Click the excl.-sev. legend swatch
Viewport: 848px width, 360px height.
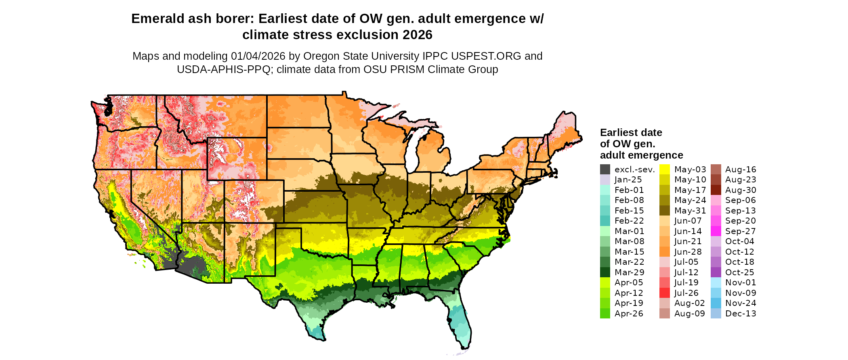[x=605, y=170]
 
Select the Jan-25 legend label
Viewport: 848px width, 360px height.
[x=628, y=180]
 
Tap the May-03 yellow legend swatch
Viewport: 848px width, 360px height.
[x=665, y=170]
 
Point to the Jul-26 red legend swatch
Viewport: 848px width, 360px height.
[x=665, y=293]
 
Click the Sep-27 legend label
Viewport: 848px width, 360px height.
[x=740, y=231]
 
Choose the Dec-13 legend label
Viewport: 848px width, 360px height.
[x=740, y=314]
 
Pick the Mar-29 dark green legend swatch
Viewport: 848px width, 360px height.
[x=605, y=272]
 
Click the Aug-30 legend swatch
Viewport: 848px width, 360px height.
[x=716, y=190]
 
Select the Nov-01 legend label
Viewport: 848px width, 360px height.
[x=740, y=283]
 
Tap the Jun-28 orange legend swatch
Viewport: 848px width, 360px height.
[x=665, y=252]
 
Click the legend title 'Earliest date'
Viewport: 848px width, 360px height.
[x=631, y=133]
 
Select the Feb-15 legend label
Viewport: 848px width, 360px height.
[x=629, y=211]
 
